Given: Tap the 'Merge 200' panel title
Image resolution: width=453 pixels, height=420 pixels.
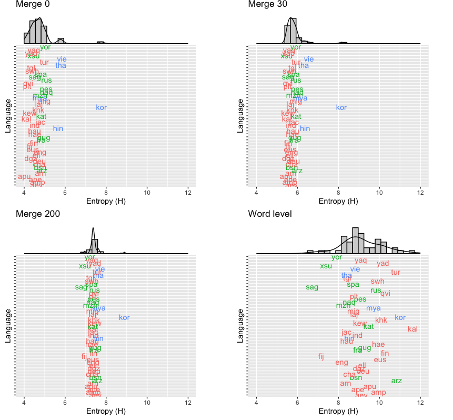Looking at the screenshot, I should [x=37, y=214].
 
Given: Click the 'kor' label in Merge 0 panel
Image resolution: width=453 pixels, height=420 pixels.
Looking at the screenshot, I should [x=102, y=108].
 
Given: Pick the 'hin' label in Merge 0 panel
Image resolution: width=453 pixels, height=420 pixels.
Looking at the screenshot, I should [x=58, y=128].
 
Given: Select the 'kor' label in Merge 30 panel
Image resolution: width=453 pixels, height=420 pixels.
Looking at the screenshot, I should [x=341, y=108].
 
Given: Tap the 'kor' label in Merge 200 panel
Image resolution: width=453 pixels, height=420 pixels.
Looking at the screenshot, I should [x=124, y=317].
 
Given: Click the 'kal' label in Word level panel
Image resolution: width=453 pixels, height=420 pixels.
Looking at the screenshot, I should [x=412, y=329].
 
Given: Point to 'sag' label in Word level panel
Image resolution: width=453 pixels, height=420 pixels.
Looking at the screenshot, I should [x=312, y=287].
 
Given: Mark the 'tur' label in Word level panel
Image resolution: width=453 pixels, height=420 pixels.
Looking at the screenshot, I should [x=396, y=272].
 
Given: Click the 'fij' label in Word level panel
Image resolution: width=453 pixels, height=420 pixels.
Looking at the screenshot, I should [x=321, y=357].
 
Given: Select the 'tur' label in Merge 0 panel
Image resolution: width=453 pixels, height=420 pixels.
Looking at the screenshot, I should [x=44, y=62].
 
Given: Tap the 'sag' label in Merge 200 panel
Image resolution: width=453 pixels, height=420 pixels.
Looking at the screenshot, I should [x=81, y=287].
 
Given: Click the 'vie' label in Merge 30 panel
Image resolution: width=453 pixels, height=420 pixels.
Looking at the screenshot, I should [x=309, y=59].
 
